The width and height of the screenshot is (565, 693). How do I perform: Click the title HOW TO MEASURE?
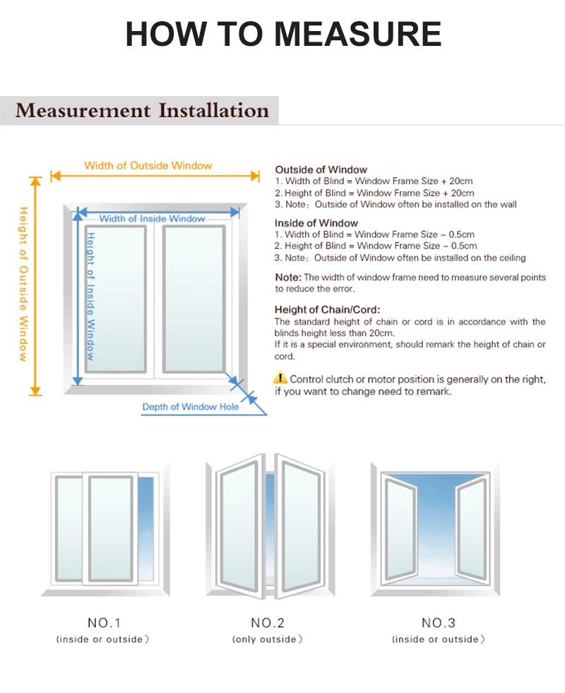pos(283,34)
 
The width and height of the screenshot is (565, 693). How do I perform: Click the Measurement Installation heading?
pos(142,111)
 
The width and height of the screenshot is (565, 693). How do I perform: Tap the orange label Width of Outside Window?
pos(148,166)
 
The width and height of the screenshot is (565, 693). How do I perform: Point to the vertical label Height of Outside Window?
pos(23,284)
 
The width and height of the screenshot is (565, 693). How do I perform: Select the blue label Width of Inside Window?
pos(152,219)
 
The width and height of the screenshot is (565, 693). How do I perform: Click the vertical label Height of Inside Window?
pos(90,296)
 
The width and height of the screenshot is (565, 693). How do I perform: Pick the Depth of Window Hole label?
pos(191,406)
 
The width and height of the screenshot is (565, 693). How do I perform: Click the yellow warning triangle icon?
pos(280,379)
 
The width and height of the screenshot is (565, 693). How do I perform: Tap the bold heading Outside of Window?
pos(321,169)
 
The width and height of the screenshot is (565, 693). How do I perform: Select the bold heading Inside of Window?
pos(316,223)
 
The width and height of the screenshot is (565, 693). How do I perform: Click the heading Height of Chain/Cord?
pos(327,309)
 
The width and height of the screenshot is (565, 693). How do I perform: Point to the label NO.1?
pos(105,622)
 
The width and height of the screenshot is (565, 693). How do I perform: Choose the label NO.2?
pos(268,622)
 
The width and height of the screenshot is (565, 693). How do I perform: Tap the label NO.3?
pos(439,622)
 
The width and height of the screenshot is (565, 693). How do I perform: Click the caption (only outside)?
pos(268,639)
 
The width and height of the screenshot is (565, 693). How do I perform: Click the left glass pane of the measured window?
pos(116,299)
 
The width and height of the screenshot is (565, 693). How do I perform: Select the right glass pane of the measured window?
pos(194,299)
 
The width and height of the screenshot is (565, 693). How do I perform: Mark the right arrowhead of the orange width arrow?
pos(256,176)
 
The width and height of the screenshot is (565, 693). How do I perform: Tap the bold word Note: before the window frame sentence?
pos(287,277)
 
